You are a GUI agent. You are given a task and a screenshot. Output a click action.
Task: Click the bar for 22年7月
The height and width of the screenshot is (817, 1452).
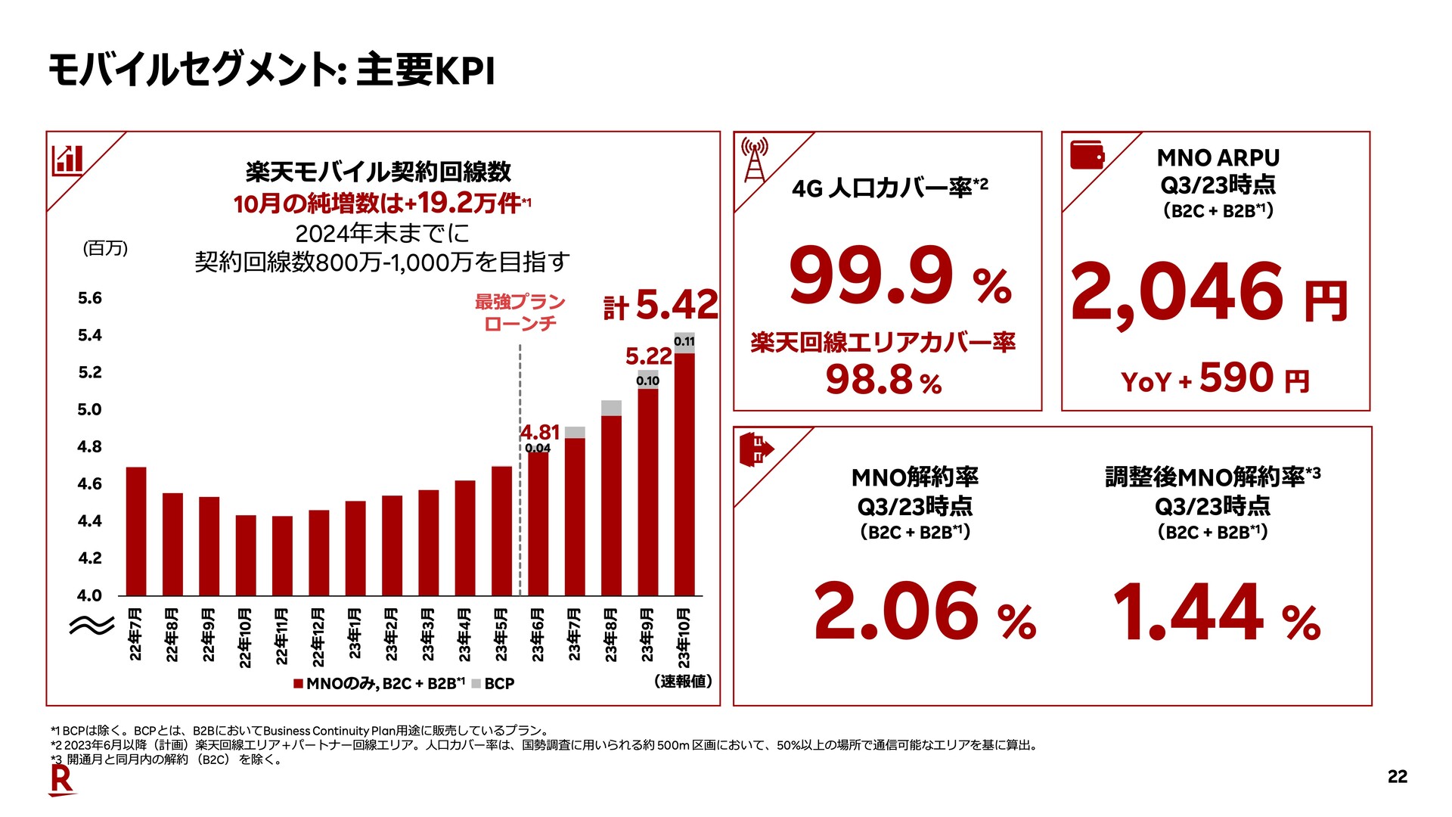[x=136, y=531]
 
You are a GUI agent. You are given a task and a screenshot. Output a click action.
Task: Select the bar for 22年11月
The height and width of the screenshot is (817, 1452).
[x=282, y=556]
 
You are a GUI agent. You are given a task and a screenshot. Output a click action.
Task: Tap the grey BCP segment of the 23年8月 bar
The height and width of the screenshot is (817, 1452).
[x=611, y=408]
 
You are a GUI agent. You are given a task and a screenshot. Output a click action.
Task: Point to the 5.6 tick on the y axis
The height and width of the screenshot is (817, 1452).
[x=90, y=298]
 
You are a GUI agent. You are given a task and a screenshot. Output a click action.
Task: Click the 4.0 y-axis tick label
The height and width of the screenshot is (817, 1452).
[x=90, y=595]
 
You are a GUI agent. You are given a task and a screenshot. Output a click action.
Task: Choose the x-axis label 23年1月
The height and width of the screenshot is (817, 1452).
[x=355, y=634]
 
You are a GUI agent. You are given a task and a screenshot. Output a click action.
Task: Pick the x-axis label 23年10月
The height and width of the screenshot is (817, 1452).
[x=684, y=638]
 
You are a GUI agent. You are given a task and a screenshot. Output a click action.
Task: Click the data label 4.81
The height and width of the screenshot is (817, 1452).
[x=540, y=432]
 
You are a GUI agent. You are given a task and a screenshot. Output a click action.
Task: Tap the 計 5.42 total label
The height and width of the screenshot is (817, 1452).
[x=661, y=305]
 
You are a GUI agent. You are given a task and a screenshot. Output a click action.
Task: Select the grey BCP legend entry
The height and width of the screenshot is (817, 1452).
[x=492, y=684]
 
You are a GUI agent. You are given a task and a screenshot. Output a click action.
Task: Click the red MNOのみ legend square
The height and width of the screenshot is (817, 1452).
[x=299, y=684]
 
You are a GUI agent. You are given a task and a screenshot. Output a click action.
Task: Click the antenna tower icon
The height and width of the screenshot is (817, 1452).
[x=755, y=159]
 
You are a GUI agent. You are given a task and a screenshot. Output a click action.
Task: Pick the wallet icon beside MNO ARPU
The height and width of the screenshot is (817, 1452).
[x=1087, y=155]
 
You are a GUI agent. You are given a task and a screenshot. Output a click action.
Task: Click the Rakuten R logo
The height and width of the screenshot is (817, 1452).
[x=62, y=781]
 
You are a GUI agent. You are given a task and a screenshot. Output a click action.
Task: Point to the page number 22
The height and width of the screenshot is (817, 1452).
[x=1398, y=777]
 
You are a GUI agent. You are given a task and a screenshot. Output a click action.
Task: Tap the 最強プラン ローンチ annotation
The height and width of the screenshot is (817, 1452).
[x=520, y=312]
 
